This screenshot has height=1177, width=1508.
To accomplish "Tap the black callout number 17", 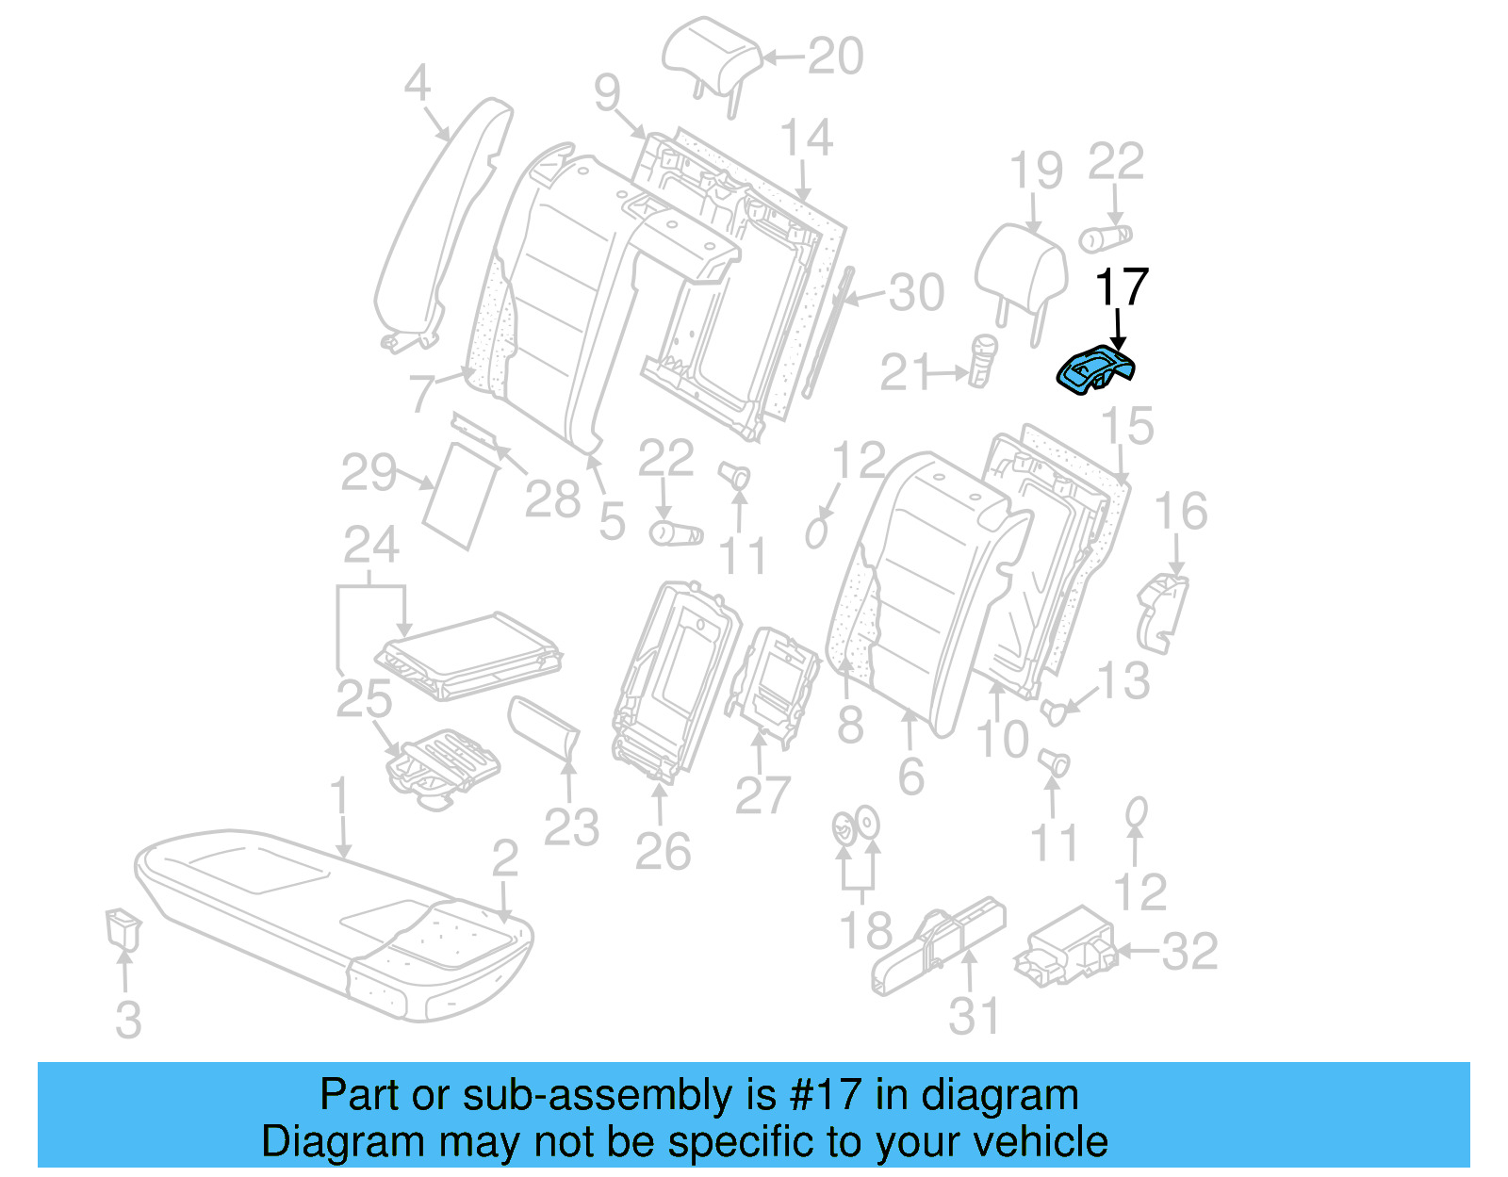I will pos(1122,287).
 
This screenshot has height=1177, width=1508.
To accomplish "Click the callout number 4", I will pos(417,84).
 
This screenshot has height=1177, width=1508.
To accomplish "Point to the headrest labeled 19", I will pos(1021,265).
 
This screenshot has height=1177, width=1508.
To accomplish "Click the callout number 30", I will pos(915,293).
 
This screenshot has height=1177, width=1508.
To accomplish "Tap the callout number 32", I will pos(1189,951).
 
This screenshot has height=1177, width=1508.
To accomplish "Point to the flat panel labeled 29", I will pos(460,495).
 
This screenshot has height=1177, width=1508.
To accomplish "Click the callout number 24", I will pos(370,546).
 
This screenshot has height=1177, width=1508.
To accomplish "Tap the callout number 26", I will pos(663,852).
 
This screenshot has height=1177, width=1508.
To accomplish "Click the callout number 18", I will pos(864,931).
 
